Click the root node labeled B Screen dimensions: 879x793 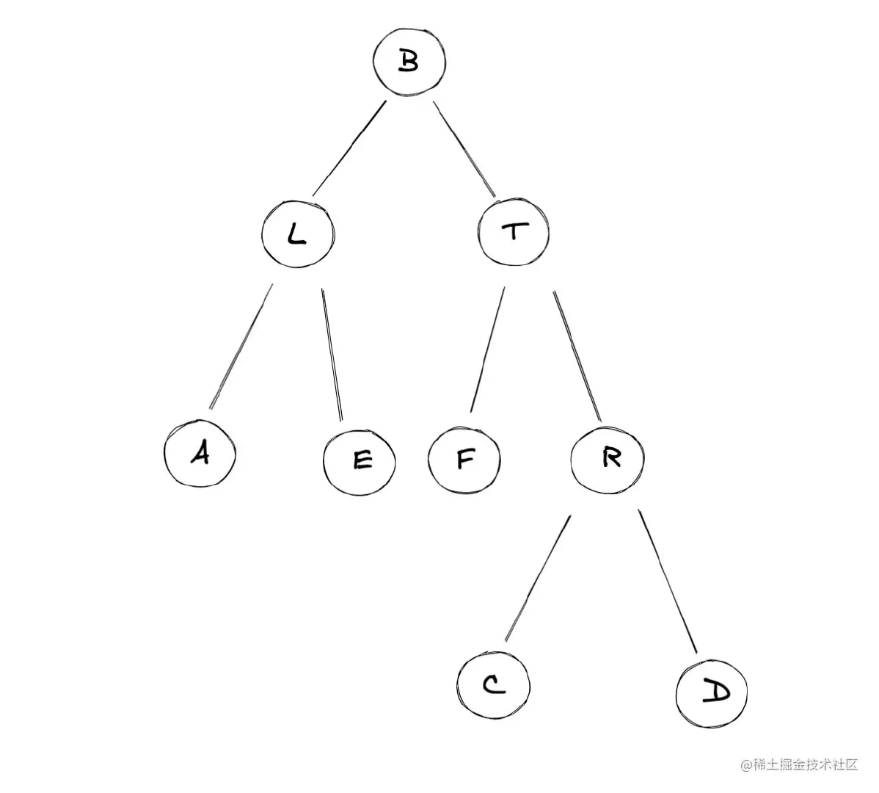409,62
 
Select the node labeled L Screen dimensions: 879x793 297,233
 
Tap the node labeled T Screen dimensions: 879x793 515,232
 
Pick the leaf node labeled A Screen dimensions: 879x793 199,454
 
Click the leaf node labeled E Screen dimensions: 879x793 360,460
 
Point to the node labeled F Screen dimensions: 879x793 465,459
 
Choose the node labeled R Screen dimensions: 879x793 608,458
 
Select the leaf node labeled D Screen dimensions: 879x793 711,692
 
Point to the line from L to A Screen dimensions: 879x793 241,345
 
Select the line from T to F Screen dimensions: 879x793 487,350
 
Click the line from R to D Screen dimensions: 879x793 667,580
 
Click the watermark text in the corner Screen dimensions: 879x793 799,765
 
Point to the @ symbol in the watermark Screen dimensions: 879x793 747,766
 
